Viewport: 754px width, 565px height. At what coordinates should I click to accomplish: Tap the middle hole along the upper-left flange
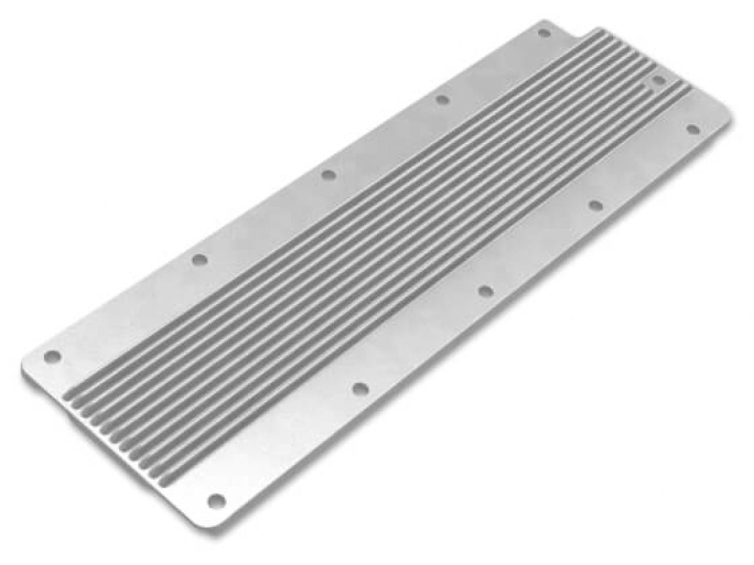[x=328, y=174]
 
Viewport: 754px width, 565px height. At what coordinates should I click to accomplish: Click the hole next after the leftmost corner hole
[x=200, y=258]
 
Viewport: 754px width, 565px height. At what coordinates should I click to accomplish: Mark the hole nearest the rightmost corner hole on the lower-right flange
[x=595, y=204]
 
